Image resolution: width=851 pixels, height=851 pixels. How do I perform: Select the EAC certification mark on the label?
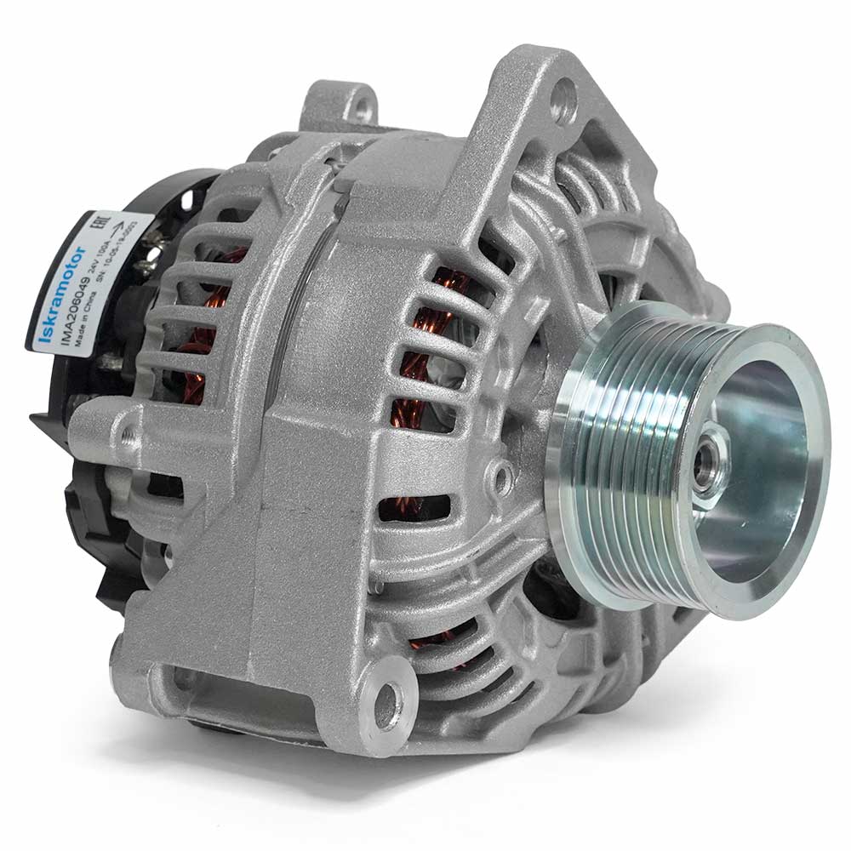100,224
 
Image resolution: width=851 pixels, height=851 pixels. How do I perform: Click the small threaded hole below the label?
128,437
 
